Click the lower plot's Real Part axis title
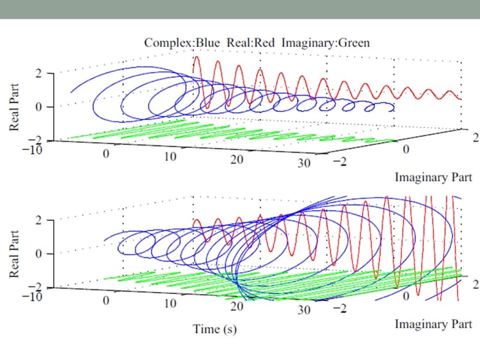(x=14, y=252)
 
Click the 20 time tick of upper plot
(x=237, y=160)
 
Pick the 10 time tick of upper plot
(x=170, y=156)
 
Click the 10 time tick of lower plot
(x=170, y=303)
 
